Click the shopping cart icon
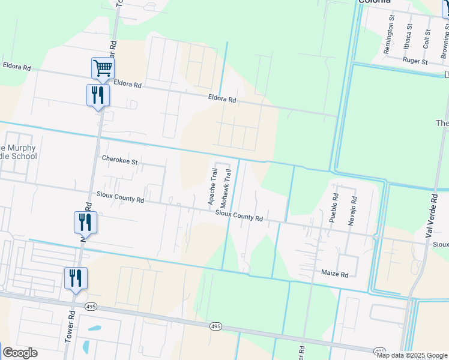103,68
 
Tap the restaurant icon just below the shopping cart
98,95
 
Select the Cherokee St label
119,161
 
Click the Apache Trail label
212,187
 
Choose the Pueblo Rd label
335,208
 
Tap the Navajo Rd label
352,211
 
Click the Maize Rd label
335,274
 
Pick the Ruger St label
415,61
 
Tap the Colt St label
427,40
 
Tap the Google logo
20,353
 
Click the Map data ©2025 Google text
412,355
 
